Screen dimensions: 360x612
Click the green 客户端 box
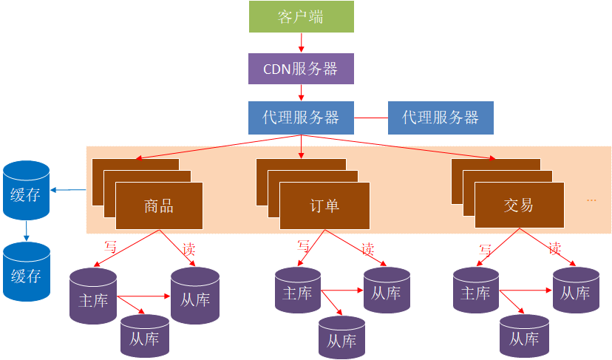click(301, 17)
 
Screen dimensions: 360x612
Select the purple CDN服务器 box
click(301, 69)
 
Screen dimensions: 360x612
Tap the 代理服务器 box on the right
click(441, 118)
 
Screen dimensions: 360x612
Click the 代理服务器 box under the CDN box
click(301, 118)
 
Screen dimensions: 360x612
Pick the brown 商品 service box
click(159, 206)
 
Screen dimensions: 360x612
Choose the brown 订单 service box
click(324, 206)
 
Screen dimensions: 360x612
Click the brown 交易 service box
click(519, 206)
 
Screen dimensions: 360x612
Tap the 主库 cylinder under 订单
click(298, 293)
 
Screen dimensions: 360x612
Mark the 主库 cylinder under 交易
click(475, 293)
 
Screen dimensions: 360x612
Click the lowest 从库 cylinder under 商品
click(145, 339)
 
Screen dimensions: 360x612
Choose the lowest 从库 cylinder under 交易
click(524, 339)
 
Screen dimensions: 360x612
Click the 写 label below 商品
click(111, 247)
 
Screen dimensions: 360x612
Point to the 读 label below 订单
click(368, 249)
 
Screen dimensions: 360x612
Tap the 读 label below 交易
click(554, 248)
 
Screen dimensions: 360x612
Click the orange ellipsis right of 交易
click(591, 200)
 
